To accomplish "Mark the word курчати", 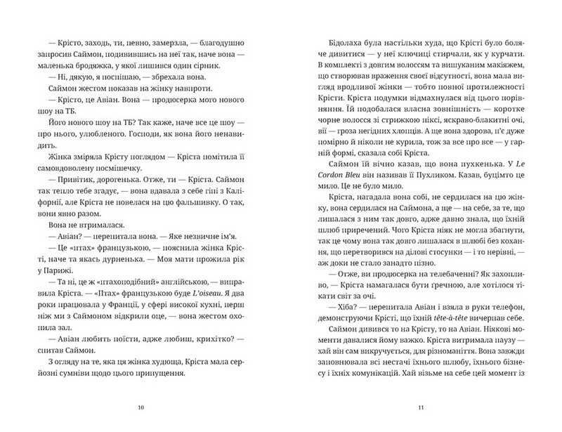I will tap(507, 54).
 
